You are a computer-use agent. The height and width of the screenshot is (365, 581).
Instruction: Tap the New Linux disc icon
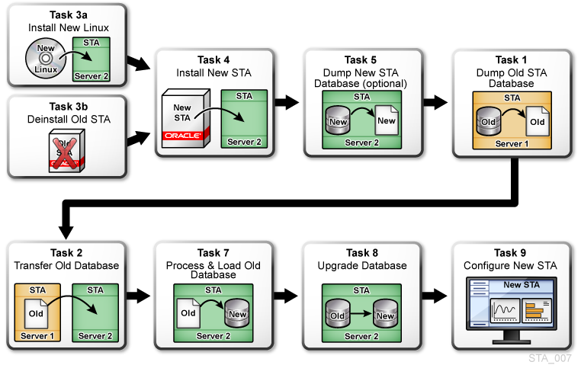tap(43, 59)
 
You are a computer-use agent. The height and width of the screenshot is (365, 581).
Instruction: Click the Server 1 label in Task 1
tap(512, 143)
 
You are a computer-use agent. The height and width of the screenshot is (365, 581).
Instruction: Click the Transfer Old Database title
tap(66, 265)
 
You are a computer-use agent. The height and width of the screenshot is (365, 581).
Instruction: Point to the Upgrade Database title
tap(362, 265)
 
